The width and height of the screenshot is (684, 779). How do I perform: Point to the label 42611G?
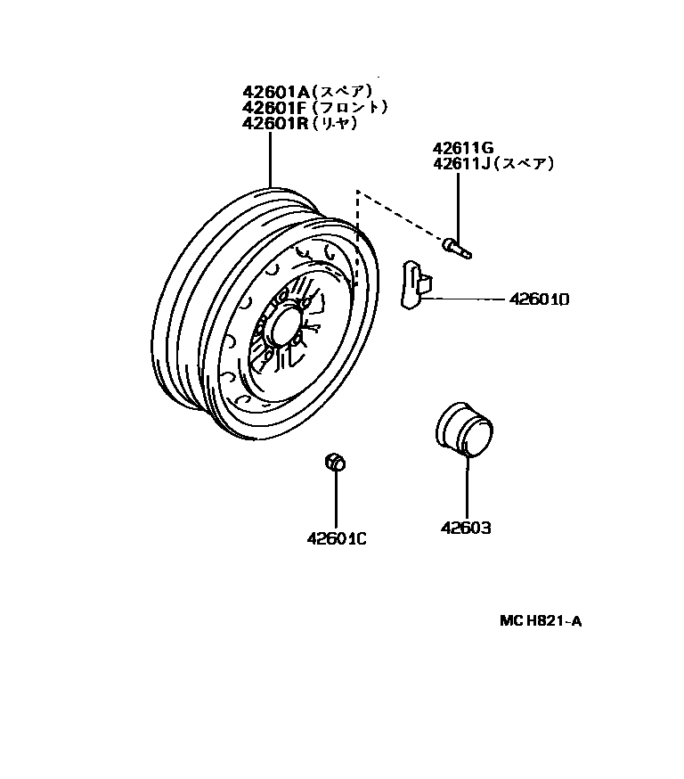[x=463, y=149]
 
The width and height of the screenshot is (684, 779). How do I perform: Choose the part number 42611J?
[x=461, y=164]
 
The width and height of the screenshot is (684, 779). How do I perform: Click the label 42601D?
[x=539, y=300]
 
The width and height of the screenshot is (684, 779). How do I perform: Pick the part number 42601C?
[x=337, y=538]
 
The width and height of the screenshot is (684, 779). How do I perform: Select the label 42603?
[x=466, y=529]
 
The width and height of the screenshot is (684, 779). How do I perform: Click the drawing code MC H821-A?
[x=540, y=622]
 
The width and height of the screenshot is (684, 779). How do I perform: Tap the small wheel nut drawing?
[x=336, y=462]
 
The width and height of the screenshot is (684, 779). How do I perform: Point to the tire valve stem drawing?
[x=457, y=247]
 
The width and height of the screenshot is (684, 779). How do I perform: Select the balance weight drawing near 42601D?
[x=415, y=284]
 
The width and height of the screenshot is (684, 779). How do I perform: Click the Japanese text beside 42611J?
[x=525, y=164]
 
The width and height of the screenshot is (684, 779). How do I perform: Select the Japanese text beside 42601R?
[x=336, y=124]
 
